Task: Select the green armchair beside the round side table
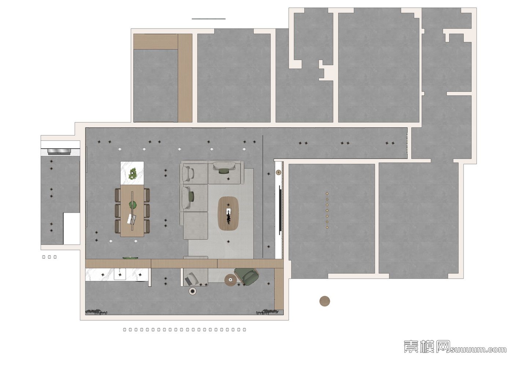(247, 276)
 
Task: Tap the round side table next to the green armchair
(231, 280)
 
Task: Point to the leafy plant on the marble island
(133, 173)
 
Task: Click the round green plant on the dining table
(133, 205)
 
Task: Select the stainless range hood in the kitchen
(59, 152)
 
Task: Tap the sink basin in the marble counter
(120, 274)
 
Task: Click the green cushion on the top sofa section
(224, 171)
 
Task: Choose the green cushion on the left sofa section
(192, 197)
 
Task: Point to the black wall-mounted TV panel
(280, 210)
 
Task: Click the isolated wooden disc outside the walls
(324, 301)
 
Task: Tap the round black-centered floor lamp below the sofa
(192, 291)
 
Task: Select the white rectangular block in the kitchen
(71, 228)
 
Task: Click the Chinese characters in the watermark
(427, 346)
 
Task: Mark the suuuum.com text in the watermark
(478, 350)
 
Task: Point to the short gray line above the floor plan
(209, 19)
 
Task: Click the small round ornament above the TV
(279, 172)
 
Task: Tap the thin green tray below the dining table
(130, 258)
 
